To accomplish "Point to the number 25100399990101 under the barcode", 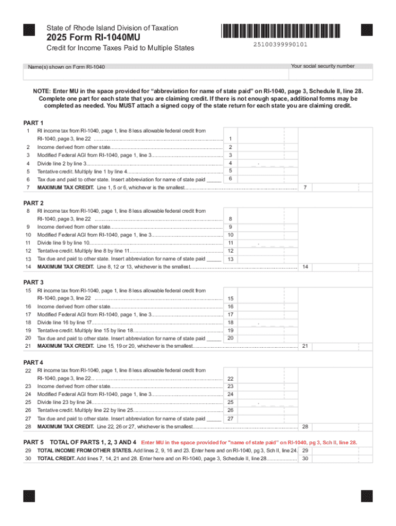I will click(281, 45).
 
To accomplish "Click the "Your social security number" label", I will click(322, 66).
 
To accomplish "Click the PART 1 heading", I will click(34, 123).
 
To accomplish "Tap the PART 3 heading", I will click(34, 282).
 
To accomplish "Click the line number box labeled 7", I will click(305, 187).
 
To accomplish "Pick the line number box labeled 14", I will click(305, 267).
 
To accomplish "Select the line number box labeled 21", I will click(305, 347).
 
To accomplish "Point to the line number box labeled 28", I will click(305, 427).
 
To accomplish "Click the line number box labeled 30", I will click(305, 458).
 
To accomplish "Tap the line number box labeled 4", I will click(231, 163).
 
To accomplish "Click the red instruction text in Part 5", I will click(249, 442).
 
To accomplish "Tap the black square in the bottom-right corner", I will click(366, 496).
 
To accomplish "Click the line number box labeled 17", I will click(231, 314).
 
